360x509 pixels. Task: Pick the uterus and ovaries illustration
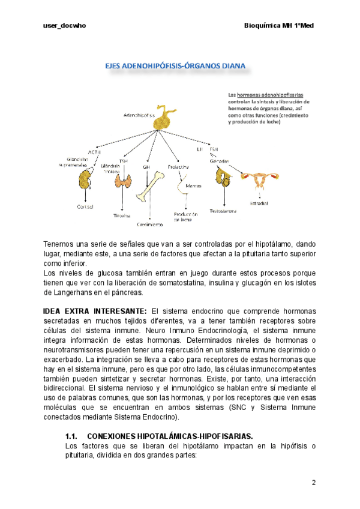(x=261, y=179)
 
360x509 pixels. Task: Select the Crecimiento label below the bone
(x=149, y=224)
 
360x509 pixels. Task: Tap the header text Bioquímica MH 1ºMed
(x=280, y=26)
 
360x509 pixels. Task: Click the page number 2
(x=313, y=483)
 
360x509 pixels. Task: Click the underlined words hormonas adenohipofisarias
(x=270, y=95)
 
